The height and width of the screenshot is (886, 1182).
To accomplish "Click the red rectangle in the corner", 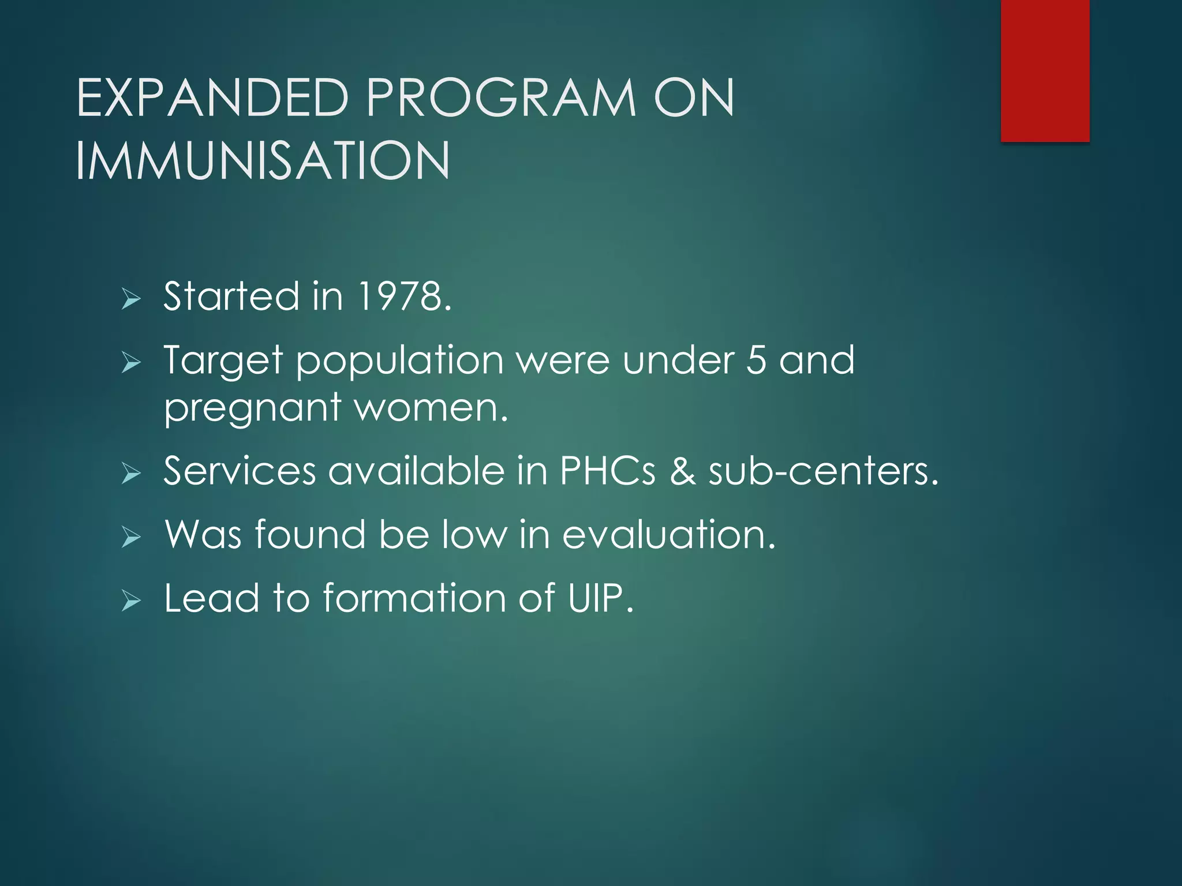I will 1045,70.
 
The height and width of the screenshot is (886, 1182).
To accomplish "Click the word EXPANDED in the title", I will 212,98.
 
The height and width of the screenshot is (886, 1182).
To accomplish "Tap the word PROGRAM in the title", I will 501,98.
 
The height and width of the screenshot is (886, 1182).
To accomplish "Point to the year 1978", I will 403,296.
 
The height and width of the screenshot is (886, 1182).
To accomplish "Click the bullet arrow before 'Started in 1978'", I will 131,299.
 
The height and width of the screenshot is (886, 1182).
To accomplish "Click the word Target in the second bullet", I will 223,361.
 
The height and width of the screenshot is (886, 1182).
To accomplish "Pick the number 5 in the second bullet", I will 756,360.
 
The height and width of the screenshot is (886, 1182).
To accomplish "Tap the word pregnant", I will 252,408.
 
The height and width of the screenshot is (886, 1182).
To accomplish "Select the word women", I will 431,407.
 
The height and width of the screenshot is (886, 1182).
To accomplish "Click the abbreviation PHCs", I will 608,471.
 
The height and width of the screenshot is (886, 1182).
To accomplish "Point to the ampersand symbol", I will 683,471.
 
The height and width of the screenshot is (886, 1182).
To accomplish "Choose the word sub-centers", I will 823,471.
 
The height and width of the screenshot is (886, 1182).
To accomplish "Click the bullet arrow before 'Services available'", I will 131,474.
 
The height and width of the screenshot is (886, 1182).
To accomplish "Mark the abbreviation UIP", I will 600,598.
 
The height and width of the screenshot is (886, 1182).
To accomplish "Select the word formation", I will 414,598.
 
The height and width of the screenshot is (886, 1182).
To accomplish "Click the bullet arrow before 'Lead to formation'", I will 131,601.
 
